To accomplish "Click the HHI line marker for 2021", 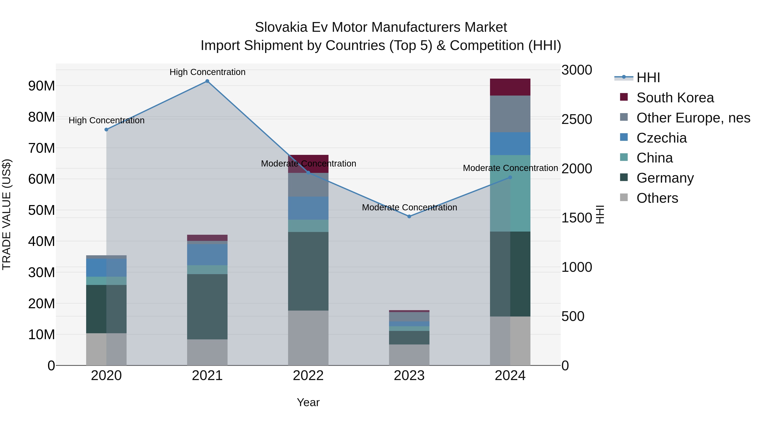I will click(x=207, y=81).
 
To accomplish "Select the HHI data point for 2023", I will click(x=409, y=217).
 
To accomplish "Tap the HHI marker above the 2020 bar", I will click(x=106, y=129).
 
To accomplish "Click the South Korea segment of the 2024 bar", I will click(x=510, y=87).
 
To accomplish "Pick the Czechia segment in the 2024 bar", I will click(x=510, y=144).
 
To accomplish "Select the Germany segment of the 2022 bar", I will click(x=308, y=271).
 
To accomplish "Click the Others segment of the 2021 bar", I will click(x=207, y=352).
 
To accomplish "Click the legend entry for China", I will click(x=654, y=158).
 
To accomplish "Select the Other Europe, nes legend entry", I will click(x=693, y=118).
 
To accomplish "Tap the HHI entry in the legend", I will click(x=648, y=78).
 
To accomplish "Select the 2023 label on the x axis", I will click(x=409, y=376).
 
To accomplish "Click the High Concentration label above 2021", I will click(x=207, y=72).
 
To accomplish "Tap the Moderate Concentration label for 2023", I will click(x=409, y=207).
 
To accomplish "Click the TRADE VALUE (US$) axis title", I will click(x=7, y=214).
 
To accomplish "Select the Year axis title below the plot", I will click(x=308, y=402).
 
